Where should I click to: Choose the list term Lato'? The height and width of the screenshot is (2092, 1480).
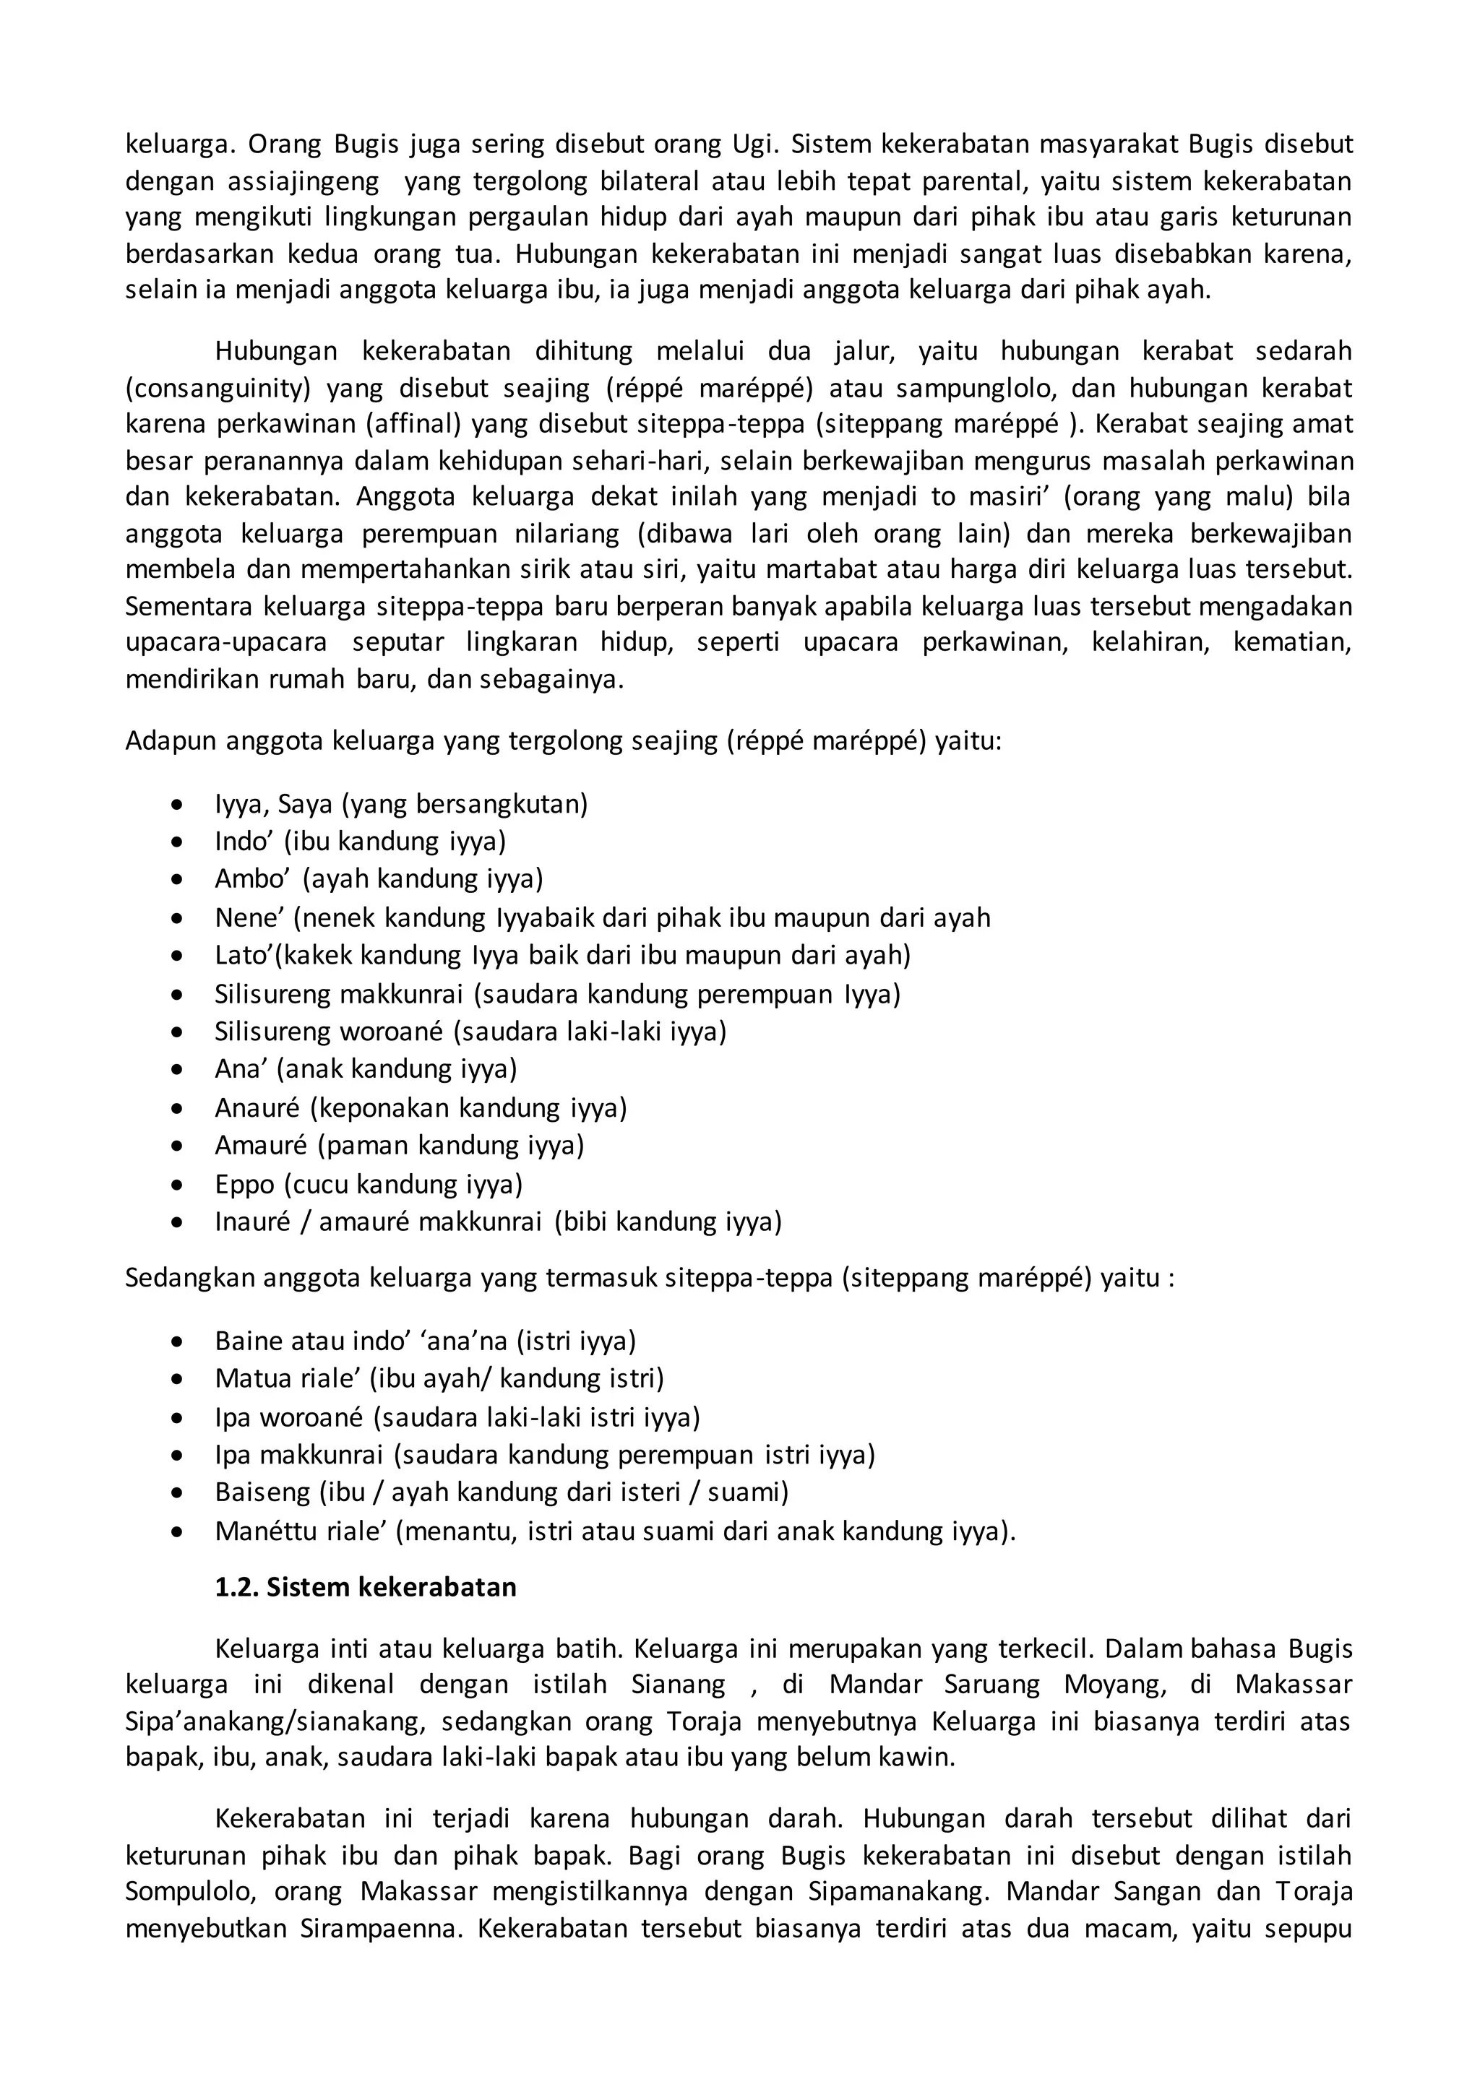tap(244, 955)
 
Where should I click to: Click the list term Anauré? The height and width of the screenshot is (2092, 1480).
tap(257, 1108)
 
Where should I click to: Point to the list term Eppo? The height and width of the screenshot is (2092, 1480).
tap(244, 1185)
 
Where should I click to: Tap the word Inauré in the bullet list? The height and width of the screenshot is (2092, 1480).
tap(252, 1222)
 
